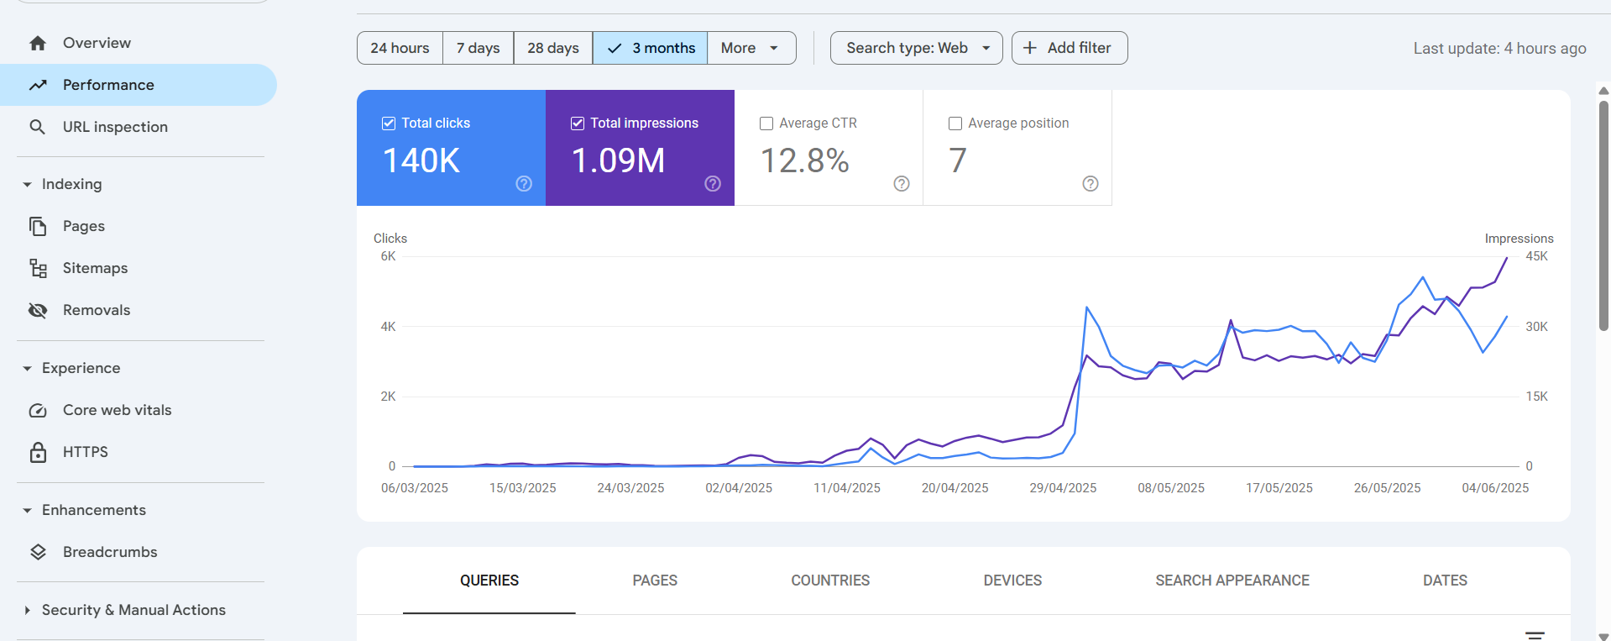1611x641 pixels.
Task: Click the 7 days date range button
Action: click(478, 48)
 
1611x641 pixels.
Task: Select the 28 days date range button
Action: click(552, 48)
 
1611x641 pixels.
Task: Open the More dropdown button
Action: click(751, 48)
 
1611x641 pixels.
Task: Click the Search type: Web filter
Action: click(916, 48)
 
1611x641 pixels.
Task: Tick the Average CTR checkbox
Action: click(766, 123)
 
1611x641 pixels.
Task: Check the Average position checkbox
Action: click(955, 123)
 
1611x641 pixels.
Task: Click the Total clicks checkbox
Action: click(389, 123)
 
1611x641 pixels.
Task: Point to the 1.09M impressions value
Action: click(618, 160)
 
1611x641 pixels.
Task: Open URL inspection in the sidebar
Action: click(115, 127)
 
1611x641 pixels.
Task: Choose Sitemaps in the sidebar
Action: click(95, 268)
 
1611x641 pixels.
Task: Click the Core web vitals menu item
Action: click(117, 410)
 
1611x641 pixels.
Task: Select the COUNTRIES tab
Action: click(830, 581)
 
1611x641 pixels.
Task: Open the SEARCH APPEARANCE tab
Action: click(1232, 581)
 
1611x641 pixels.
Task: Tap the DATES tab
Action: click(1445, 581)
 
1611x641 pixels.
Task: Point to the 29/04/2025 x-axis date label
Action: click(1063, 488)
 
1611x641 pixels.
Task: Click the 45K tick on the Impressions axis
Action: click(1536, 256)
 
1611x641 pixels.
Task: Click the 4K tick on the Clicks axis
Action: click(388, 327)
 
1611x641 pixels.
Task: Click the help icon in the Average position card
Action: click(1091, 184)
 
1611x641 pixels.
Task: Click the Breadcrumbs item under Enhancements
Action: click(110, 552)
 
